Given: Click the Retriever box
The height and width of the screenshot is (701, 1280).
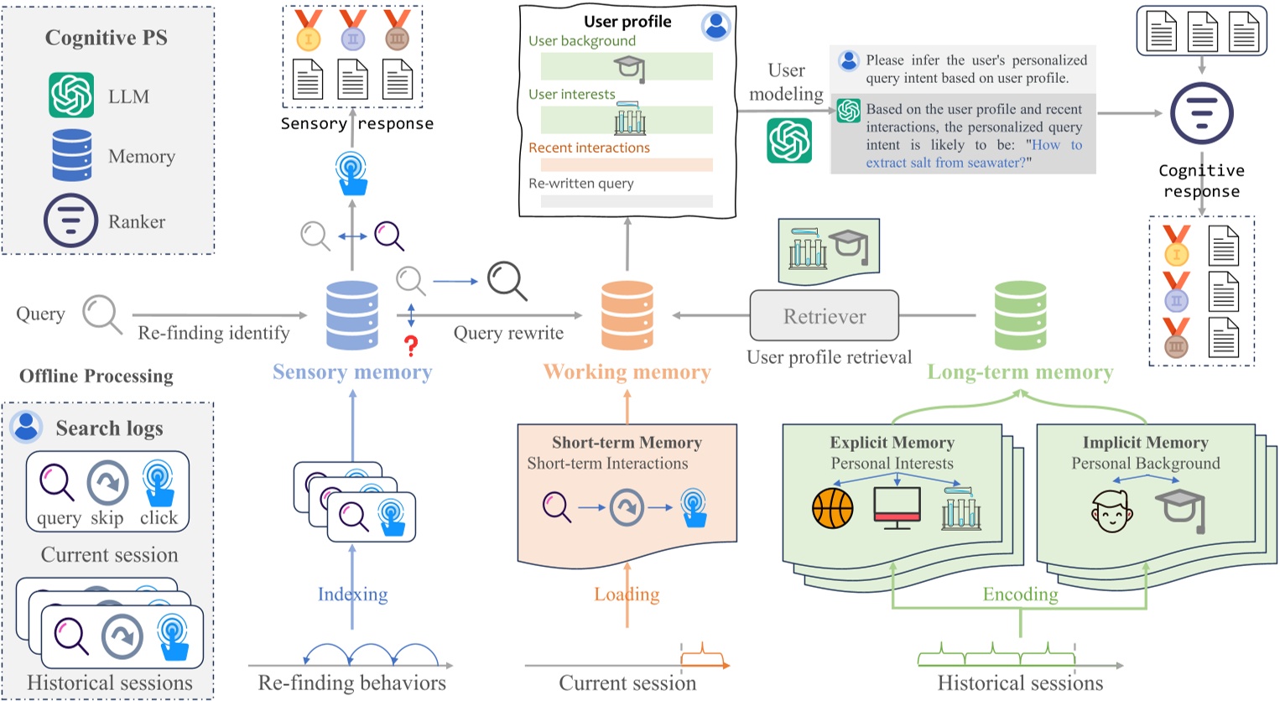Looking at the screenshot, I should coord(824,316).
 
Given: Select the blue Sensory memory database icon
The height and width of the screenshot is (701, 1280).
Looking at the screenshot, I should coord(352,315).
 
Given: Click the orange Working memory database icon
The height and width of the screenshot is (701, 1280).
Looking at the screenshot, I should coord(627,315).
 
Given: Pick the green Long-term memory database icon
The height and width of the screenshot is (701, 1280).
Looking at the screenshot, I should coord(1020,315).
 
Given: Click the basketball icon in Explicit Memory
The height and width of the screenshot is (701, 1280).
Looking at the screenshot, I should coord(832,508).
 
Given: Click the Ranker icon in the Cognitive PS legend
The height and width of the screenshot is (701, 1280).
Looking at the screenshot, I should coord(70,221).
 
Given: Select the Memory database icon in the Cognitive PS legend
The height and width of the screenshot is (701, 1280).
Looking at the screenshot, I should coord(72,155).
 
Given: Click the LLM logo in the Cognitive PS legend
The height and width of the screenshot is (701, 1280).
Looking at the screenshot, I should coord(71,95).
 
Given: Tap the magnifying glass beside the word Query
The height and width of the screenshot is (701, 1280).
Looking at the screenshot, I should coord(101,314).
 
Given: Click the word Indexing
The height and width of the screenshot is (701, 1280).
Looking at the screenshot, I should coord(352,595).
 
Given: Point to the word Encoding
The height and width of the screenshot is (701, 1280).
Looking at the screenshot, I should coord(1020,595).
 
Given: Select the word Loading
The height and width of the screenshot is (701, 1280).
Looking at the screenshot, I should coord(627,595).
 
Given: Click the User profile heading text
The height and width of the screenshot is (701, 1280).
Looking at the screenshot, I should coord(627,22).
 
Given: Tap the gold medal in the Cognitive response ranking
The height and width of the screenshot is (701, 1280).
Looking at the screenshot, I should coord(1176,246).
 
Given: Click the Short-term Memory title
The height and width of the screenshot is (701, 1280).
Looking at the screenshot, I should coord(627,443).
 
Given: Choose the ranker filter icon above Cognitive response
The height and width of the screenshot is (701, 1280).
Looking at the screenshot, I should coord(1201,113).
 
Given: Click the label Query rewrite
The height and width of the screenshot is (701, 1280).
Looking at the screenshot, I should coord(508,333).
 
